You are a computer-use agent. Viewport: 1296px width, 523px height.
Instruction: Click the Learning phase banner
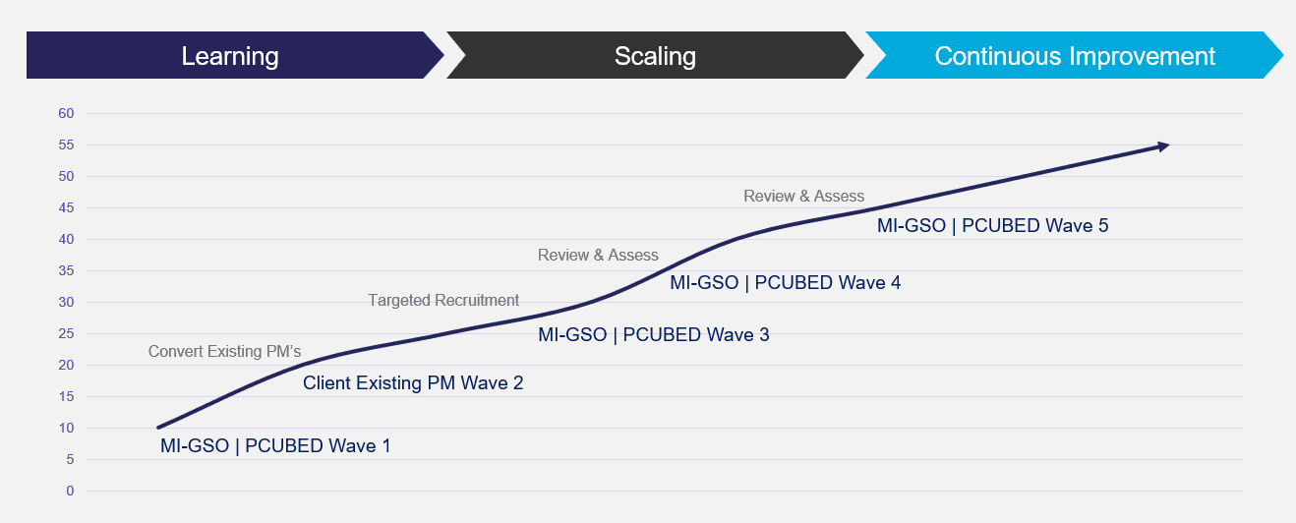click(x=230, y=56)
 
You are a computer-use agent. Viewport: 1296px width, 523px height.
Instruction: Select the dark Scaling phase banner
click(x=655, y=56)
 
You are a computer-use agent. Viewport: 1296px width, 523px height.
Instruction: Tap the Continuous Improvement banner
click(x=1074, y=56)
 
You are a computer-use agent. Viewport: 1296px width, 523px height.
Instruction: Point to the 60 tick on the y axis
click(x=67, y=113)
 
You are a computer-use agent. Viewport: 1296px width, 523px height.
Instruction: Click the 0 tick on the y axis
click(x=70, y=491)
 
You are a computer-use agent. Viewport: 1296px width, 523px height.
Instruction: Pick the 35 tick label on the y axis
click(x=67, y=270)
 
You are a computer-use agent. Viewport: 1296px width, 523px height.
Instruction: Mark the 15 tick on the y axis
click(x=67, y=396)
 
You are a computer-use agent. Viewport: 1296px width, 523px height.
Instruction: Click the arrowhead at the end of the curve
click(x=1163, y=146)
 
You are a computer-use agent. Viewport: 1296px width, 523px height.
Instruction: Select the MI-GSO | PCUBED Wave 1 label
click(x=275, y=445)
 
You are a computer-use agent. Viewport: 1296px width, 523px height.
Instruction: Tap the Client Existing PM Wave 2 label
click(x=413, y=382)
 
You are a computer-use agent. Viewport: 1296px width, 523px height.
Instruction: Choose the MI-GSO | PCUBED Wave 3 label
click(x=654, y=334)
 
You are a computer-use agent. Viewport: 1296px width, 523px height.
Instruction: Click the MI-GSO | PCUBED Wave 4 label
click(x=785, y=283)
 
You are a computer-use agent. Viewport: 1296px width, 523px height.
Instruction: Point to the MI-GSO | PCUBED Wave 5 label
click(x=992, y=225)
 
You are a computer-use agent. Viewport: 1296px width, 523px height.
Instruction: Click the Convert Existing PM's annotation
click(x=224, y=351)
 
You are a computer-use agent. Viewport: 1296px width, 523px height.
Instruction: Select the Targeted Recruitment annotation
click(x=443, y=300)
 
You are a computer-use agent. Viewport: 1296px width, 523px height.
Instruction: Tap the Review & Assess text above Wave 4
click(x=598, y=255)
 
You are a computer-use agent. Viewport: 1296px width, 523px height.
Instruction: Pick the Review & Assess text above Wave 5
click(x=803, y=196)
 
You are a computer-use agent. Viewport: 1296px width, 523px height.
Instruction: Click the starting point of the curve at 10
click(x=158, y=428)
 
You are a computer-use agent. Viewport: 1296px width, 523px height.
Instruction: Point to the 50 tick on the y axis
click(x=67, y=176)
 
